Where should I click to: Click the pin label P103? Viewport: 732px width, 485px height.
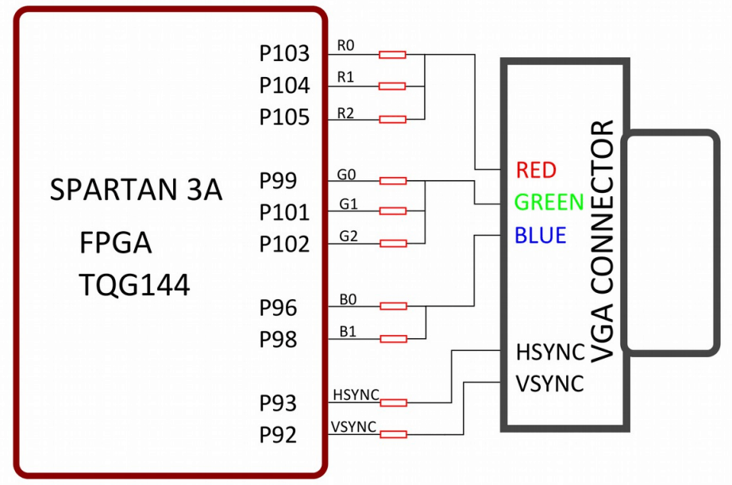pos(283,54)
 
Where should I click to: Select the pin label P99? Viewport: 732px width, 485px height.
pos(278,181)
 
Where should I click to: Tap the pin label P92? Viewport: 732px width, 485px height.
pos(278,435)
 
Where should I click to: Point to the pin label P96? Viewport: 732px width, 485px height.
pos(278,308)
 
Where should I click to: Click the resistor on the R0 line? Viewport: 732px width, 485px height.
pos(392,55)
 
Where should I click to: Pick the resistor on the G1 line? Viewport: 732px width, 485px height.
pos(392,211)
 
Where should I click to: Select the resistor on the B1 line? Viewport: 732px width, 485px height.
pos(392,339)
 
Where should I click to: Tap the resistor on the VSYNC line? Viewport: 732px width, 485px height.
pos(392,434)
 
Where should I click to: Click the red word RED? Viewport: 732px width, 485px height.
pos(536,170)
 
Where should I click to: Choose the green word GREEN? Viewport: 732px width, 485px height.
pos(549,202)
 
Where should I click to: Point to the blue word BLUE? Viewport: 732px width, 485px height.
pos(540,236)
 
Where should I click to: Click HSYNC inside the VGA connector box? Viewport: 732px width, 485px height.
pos(550,352)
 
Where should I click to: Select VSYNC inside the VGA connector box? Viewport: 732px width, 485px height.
pos(549,383)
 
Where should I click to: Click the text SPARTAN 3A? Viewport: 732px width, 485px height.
pos(136,191)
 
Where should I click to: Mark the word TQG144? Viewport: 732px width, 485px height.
pos(134,285)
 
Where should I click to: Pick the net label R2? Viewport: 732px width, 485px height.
pos(345,112)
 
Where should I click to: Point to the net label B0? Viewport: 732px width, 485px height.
pos(348,299)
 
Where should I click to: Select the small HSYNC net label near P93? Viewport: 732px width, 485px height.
pos(356,395)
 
